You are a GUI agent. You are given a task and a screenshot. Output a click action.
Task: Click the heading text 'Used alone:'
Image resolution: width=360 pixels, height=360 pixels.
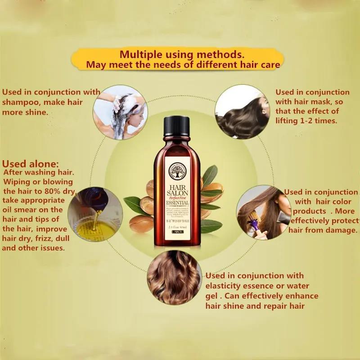(30, 164)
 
